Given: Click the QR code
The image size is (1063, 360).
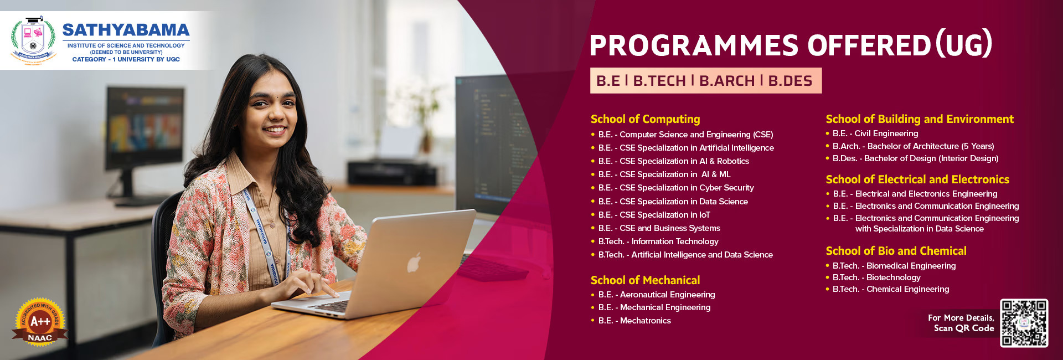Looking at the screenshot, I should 1024,323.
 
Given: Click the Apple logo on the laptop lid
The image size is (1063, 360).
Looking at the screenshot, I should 414,263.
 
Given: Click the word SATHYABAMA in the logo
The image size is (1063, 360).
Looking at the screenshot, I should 126,30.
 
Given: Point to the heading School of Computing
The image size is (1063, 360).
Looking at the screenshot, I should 645,119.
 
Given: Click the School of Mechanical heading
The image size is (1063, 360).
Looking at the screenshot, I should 645,280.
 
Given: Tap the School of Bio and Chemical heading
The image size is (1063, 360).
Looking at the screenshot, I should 896,251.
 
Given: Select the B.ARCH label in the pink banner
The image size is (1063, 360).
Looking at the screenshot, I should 726,81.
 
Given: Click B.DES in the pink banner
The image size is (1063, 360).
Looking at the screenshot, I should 790,81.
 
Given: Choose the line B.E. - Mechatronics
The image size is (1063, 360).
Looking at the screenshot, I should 634,321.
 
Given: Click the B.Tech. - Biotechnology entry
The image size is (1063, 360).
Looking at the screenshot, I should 876,277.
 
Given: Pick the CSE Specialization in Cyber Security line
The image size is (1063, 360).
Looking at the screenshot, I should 676,188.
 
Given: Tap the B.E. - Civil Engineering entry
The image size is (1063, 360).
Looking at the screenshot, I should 875,133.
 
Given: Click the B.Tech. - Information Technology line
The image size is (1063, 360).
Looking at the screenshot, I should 658,241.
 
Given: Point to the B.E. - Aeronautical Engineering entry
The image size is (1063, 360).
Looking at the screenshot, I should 657,295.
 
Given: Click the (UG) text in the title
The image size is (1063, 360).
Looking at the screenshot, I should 964,44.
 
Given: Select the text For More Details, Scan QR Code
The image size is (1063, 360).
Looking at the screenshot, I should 962,323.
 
